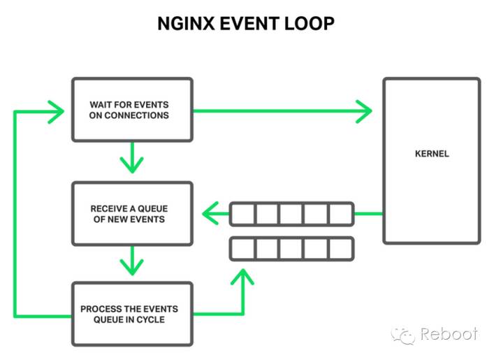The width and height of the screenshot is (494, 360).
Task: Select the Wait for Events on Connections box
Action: (132, 109)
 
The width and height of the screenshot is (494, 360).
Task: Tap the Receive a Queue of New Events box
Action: (132, 213)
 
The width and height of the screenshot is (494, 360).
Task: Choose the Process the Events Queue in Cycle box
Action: (132, 314)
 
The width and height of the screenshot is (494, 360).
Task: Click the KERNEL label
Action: (431, 153)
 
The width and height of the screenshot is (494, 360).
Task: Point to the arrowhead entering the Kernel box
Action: (364, 110)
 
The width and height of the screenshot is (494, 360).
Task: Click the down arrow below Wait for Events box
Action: (131, 162)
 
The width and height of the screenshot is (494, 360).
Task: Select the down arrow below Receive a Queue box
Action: (131, 264)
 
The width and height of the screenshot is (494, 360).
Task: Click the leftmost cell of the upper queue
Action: (242, 213)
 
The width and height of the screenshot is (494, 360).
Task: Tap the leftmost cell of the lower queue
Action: (242, 248)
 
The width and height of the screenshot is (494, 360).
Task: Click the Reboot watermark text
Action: (449, 334)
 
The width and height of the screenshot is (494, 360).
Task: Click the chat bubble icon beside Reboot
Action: (403, 334)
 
